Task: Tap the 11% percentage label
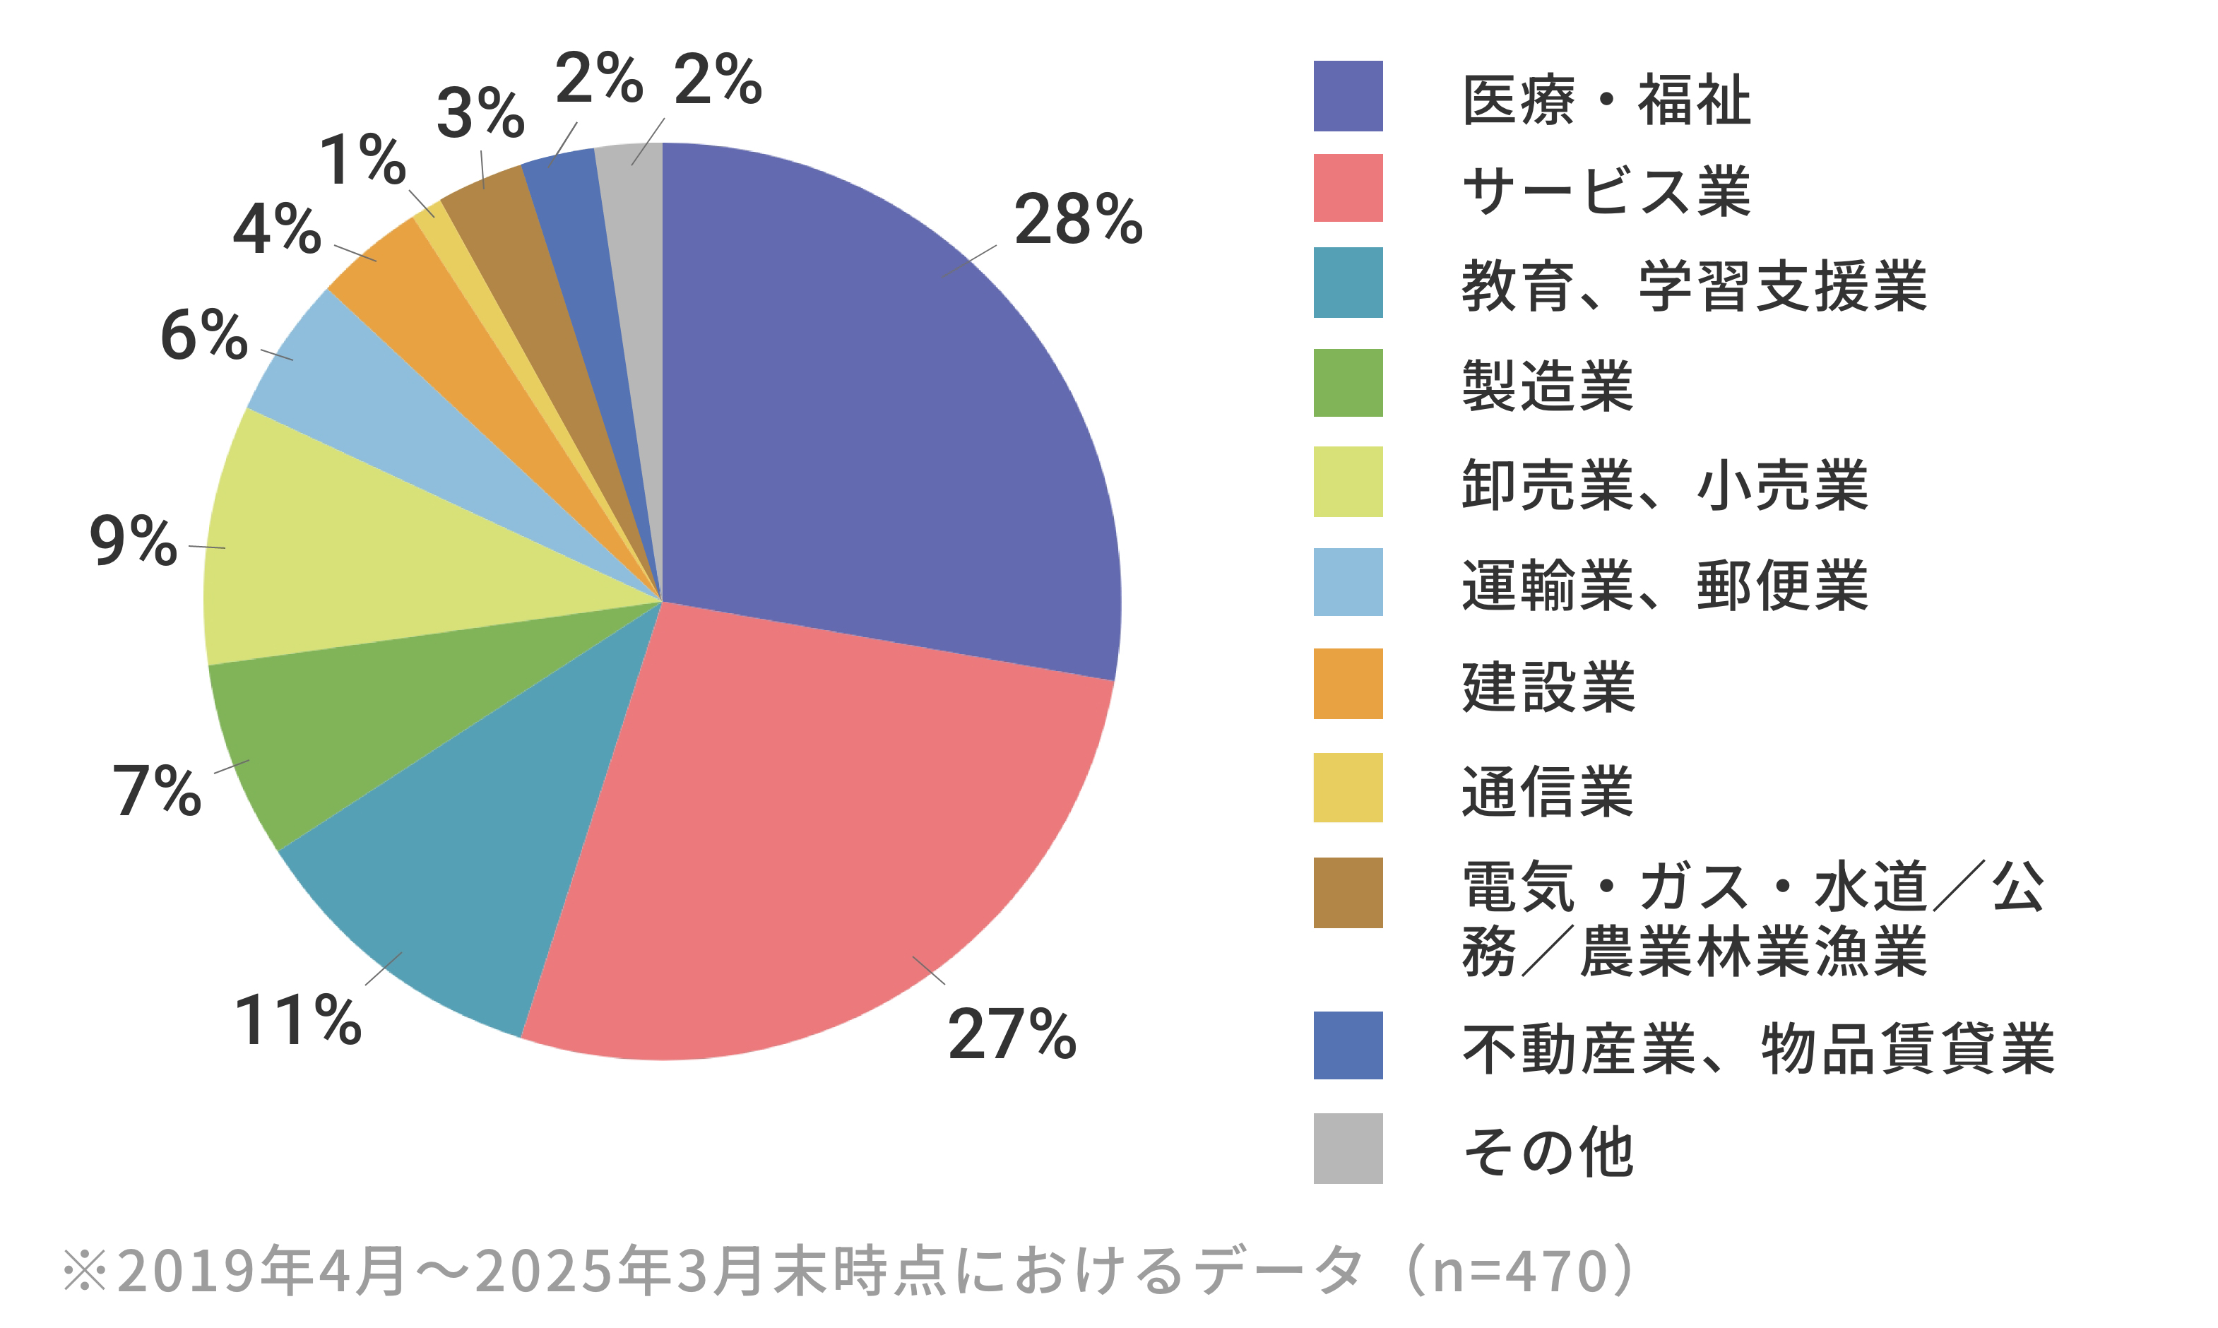point(297,1020)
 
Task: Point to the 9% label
point(134,541)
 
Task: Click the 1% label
point(362,161)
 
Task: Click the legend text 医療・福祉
point(1606,100)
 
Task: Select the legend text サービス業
point(1606,191)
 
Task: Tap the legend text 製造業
point(1548,386)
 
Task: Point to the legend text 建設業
point(1548,687)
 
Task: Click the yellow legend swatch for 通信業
point(1348,788)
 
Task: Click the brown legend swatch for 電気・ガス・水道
point(1348,892)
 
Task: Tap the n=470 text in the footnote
point(1521,1271)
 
